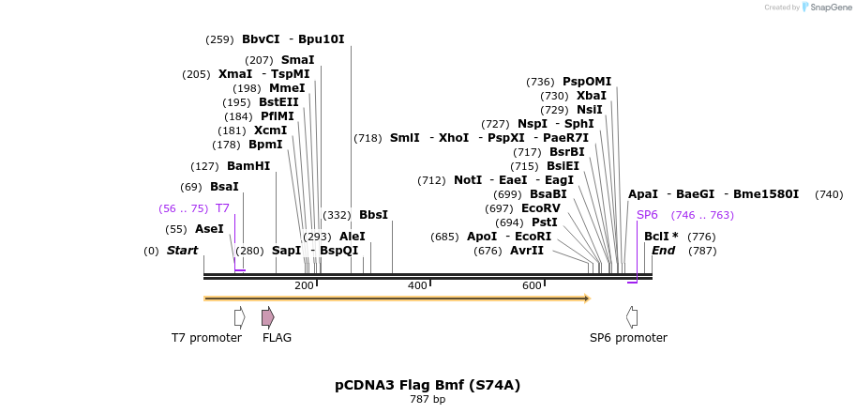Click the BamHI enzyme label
click(248, 166)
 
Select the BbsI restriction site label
click(373, 215)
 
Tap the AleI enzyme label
click(353, 237)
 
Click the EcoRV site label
click(540, 208)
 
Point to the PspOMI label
click(587, 82)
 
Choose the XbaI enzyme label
click(592, 96)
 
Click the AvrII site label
click(527, 251)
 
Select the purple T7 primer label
click(222, 208)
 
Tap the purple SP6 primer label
click(647, 215)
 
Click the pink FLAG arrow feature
click(268, 317)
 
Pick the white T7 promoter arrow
click(239, 317)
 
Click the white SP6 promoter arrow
click(632, 317)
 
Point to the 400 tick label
click(417, 285)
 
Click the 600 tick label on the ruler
click(532, 285)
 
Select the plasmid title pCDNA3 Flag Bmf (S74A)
click(428, 385)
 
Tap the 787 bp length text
click(428, 400)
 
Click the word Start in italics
click(183, 251)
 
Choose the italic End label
click(663, 251)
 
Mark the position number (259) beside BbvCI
click(219, 39)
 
